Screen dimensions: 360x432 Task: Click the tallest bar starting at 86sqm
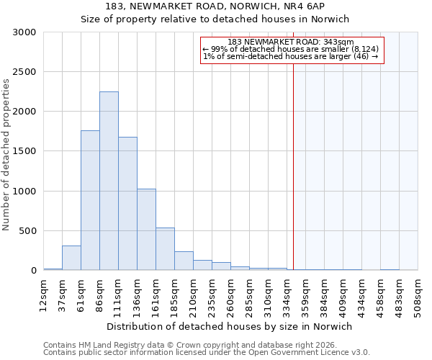[x=109, y=181]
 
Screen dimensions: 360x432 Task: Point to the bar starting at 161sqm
[x=165, y=249]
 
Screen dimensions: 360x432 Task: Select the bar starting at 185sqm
[x=184, y=261]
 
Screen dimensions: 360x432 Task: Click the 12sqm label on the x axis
[x=44, y=295]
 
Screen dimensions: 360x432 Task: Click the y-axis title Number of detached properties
[x=6, y=156]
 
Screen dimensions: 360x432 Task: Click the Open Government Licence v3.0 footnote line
[x=207, y=353]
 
